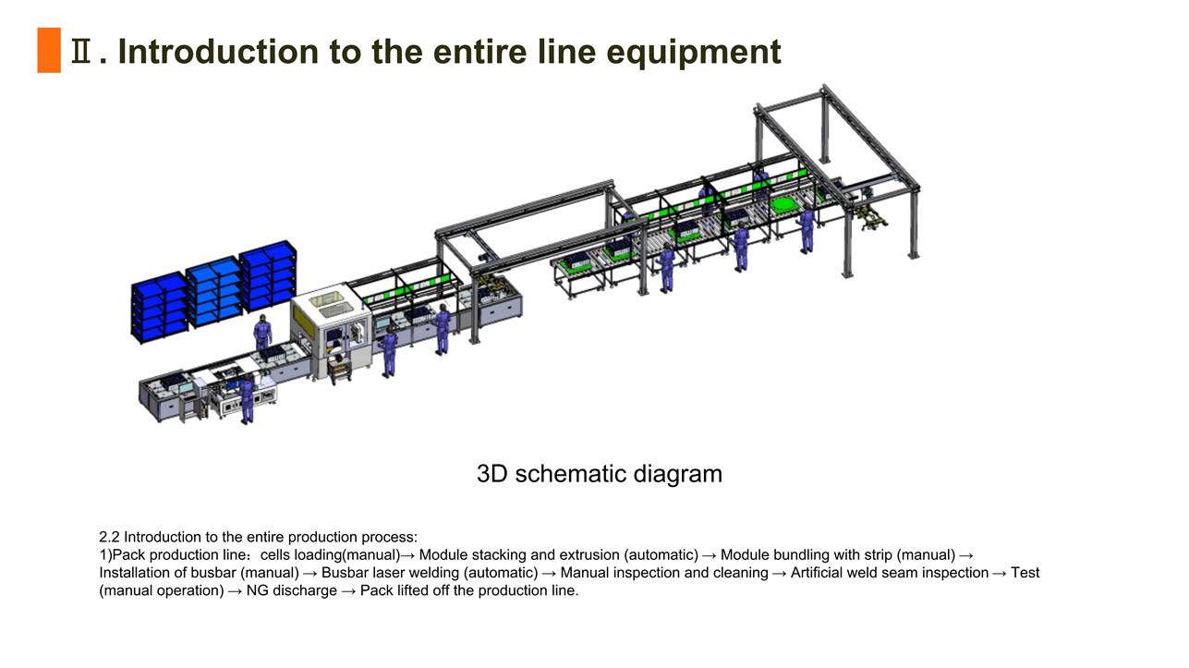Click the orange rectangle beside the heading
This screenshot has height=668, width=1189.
tap(49, 50)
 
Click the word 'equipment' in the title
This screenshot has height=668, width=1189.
tap(693, 52)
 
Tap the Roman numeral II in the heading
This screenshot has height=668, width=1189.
tap(80, 51)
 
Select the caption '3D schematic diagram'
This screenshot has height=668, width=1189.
tap(600, 474)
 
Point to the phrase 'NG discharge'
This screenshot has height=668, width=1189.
tap(291, 590)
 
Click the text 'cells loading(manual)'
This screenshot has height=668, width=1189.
tap(330, 555)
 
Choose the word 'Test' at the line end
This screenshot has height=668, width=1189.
tap(1025, 573)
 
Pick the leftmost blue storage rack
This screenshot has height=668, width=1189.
tap(159, 307)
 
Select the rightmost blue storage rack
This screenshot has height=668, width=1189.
tap(268, 276)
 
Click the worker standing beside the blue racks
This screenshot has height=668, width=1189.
tap(262, 333)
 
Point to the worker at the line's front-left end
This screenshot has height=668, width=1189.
tap(247, 399)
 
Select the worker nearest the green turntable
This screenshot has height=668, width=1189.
tap(807, 229)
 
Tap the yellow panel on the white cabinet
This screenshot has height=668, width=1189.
tap(301, 317)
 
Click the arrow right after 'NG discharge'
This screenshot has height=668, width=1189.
tap(348, 591)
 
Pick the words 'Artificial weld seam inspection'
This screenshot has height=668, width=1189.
tap(890, 573)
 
